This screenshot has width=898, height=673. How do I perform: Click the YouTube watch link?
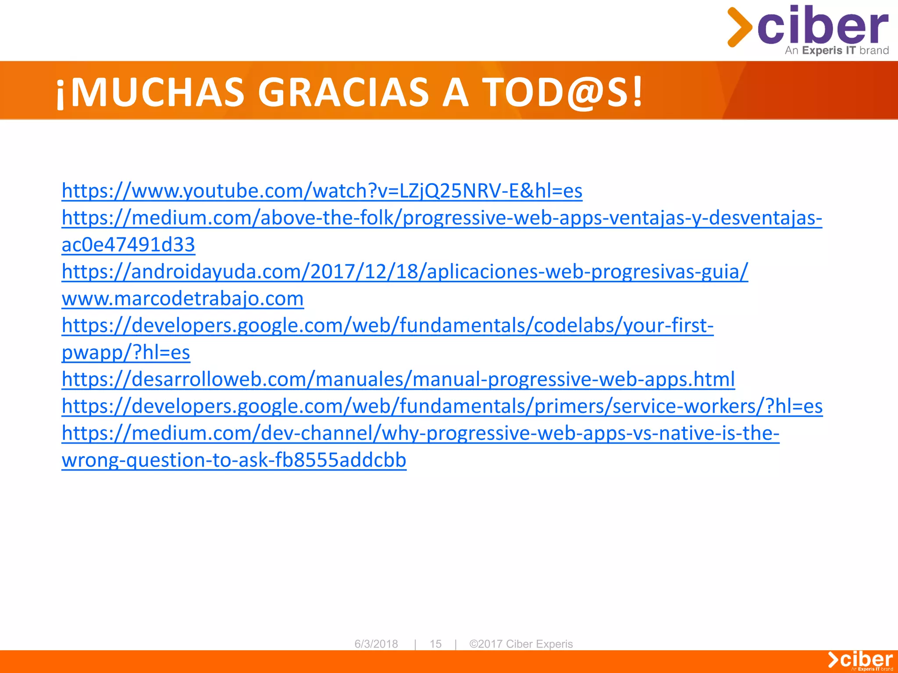[x=322, y=191]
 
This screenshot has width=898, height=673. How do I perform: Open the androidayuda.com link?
[x=404, y=272]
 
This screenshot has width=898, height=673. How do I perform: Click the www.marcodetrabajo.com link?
[x=182, y=299]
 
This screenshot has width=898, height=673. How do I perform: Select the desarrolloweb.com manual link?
[x=398, y=379]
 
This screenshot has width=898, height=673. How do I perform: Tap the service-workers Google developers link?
[x=442, y=406]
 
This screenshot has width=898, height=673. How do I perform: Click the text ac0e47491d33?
[x=128, y=245]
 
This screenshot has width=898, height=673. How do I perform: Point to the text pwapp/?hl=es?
[x=126, y=353]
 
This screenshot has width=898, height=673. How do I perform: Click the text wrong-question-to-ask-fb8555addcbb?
[x=234, y=460]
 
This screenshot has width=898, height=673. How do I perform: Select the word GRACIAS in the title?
[x=343, y=92]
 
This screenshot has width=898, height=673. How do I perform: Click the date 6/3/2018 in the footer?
[x=376, y=644]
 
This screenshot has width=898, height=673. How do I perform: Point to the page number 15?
[x=435, y=644]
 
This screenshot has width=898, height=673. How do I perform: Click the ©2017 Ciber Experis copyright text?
[x=521, y=644]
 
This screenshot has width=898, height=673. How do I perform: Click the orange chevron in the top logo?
[x=739, y=27]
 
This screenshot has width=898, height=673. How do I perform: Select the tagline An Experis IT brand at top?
[x=837, y=50]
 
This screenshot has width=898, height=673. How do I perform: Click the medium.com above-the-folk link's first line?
[x=442, y=218]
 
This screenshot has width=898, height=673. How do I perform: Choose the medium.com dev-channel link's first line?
[x=420, y=433]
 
